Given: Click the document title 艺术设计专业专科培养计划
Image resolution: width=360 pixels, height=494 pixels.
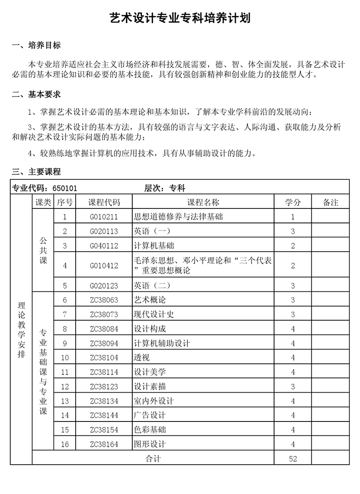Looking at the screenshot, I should pos(180,18).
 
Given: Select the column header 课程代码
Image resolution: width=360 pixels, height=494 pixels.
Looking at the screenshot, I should pos(104,203).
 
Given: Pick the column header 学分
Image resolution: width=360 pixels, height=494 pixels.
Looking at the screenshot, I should pos(292,203).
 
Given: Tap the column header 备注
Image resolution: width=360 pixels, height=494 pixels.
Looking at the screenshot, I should pos(331,203).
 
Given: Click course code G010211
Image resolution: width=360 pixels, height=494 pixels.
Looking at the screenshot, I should pos(104,217).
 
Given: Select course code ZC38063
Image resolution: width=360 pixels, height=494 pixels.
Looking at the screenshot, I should pos(104,300).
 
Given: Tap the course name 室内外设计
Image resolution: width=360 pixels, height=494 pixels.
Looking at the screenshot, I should pos(154,401).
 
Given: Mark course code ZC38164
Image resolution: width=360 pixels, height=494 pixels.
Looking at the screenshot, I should pos(104,444).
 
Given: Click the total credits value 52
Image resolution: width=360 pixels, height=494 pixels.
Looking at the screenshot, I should pos(293,459).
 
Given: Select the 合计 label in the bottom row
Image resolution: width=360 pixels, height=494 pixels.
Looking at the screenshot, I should pos(153,459).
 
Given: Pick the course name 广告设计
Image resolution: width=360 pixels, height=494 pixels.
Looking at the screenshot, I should pos(150,416).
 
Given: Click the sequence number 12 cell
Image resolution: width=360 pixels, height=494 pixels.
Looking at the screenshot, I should pos(65,387).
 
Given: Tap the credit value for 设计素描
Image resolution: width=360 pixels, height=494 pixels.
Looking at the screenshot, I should pos(293,387).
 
